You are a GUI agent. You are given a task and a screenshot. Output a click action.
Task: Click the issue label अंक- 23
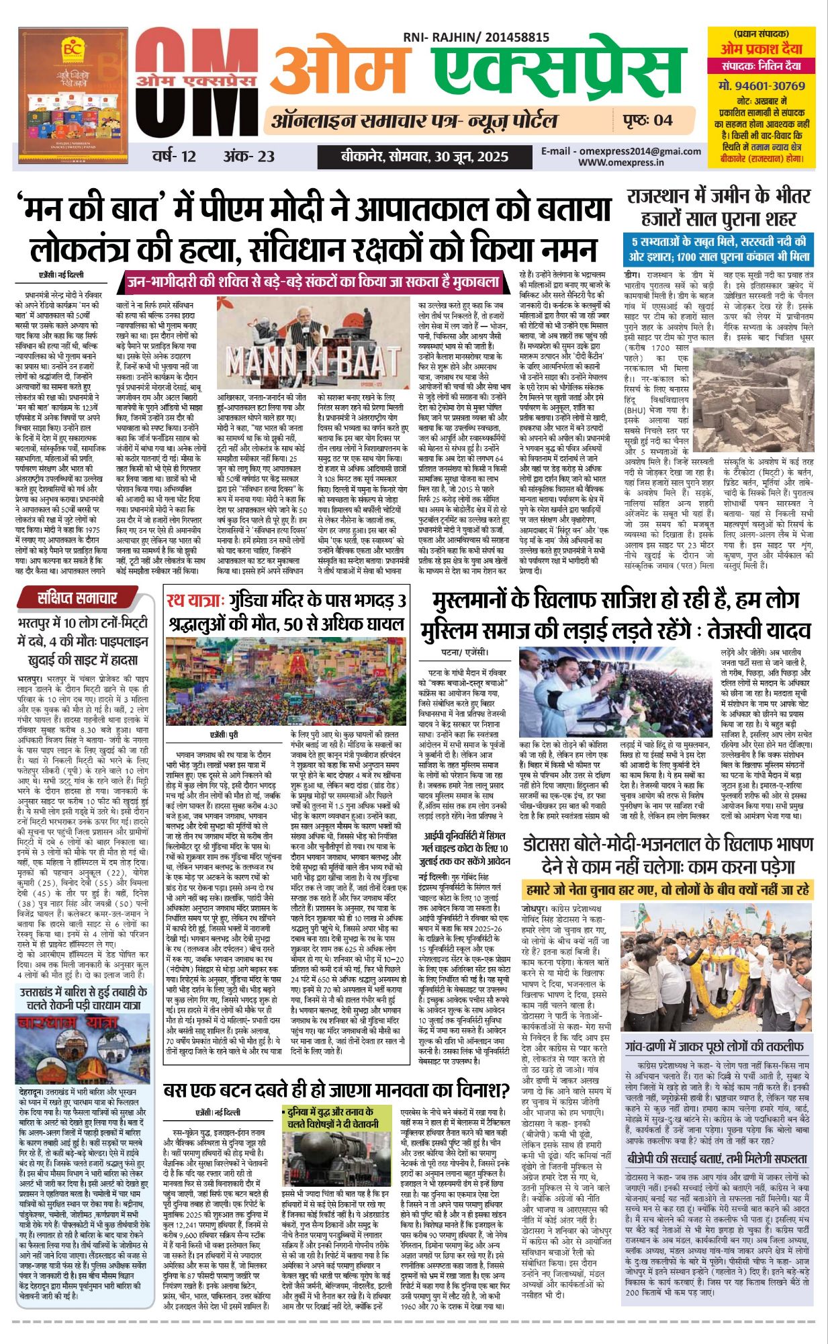[x=249, y=157]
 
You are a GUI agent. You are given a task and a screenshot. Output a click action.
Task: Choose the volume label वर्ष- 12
[x=174, y=157]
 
